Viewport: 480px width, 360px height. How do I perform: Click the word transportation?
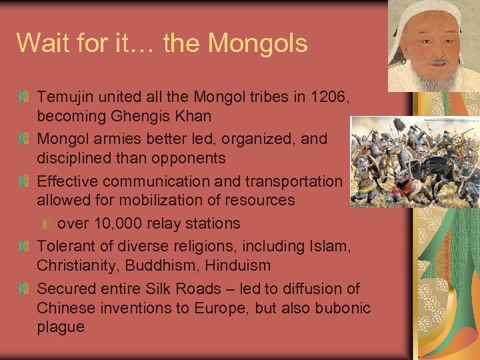click(x=293, y=181)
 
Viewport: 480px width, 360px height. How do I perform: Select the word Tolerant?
click(x=65, y=245)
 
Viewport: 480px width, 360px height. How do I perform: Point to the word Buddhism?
click(x=164, y=265)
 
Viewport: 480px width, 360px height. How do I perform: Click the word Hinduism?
click(x=239, y=265)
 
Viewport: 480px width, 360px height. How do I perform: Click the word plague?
click(x=61, y=327)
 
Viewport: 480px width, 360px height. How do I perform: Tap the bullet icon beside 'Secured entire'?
click(x=24, y=289)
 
